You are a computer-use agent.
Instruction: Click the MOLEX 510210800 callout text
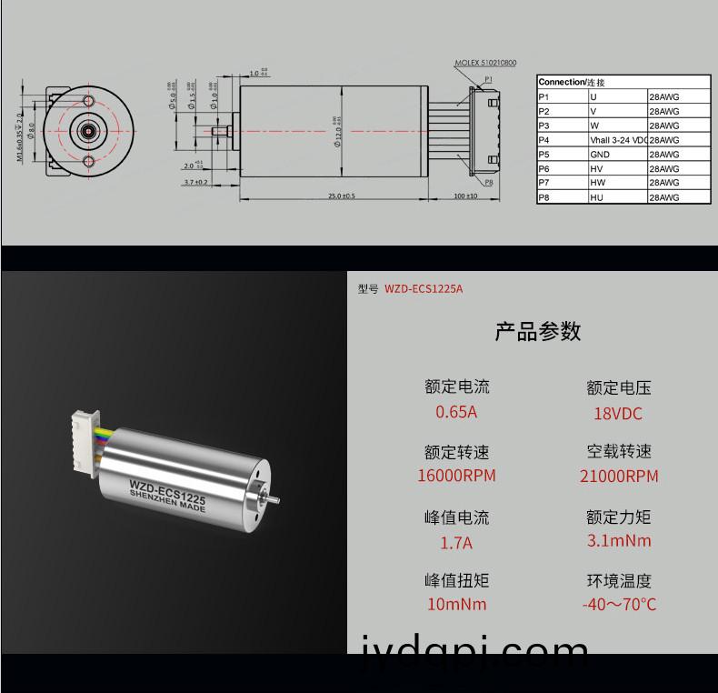pyautogui.click(x=485, y=64)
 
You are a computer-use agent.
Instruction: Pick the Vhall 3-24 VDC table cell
pyautogui.click(x=618, y=140)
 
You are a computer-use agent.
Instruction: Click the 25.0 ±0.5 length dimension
pyautogui.click(x=342, y=196)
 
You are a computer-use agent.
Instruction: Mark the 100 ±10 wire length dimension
pyautogui.click(x=465, y=196)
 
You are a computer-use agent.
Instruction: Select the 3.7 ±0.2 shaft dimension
pyautogui.click(x=195, y=182)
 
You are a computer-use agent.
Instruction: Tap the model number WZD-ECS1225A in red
pyautogui.click(x=424, y=289)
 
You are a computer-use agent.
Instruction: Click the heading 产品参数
pyautogui.click(x=537, y=331)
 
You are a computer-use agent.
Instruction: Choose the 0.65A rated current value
pyautogui.click(x=456, y=412)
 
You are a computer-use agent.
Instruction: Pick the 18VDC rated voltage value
pyautogui.click(x=618, y=414)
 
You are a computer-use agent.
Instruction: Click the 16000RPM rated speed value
pyautogui.click(x=456, y=476)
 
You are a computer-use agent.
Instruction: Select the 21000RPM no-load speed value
pyautogui.click(x=619, y=477)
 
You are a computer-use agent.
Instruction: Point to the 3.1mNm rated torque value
pyautogui.click(x=619, y=541)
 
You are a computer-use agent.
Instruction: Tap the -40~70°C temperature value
pyautogui.click(x=619, y=604)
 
